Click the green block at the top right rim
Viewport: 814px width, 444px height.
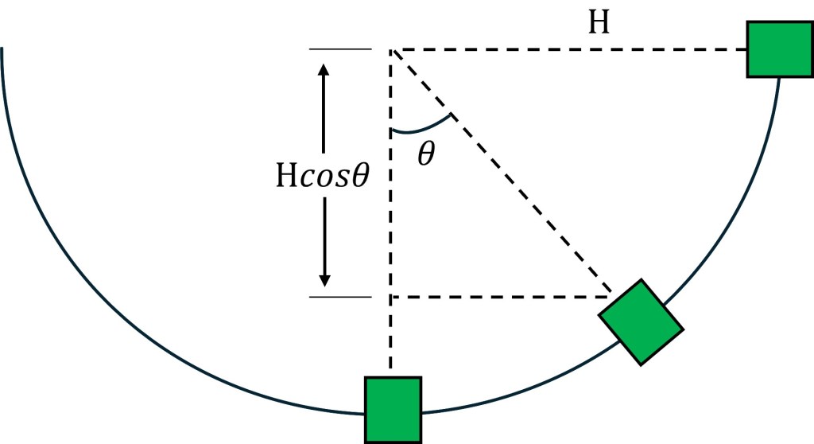coord(779,49)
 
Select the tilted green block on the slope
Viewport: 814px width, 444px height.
coord(641,321)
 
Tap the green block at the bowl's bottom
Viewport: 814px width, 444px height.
coord(393,409)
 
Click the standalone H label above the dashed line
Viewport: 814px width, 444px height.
coord(599,23)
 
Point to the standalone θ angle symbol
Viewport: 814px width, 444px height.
coord(426,154)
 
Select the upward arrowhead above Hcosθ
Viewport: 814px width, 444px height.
coord(324,70)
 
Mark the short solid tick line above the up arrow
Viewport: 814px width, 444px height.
coord(340,49)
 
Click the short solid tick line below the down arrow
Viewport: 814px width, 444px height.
coord(340,298)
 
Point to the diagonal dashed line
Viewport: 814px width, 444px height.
coord(501,173)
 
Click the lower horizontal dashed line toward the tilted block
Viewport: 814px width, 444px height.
coord(501,298)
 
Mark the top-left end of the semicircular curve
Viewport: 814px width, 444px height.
coord(3,51)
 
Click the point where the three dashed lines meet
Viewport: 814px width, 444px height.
coord(392,50)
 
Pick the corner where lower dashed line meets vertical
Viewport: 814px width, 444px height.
coord(391,298)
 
